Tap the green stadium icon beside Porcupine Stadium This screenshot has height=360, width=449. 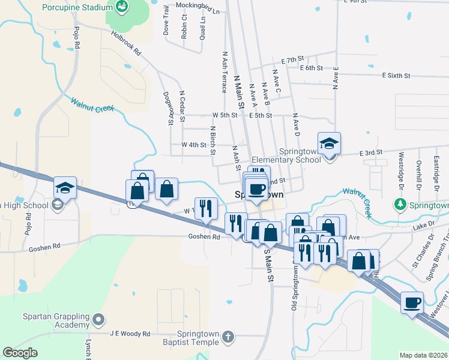point(122,7)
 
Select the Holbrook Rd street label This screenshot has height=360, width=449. point(126,43)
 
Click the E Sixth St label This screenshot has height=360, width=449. point(396,76)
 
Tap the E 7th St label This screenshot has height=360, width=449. point(293,61)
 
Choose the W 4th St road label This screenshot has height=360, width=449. point(193,145)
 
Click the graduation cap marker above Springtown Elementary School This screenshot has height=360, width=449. point(329,143)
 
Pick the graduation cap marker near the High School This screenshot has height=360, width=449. point(65,188)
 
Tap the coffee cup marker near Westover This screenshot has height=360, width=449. point(412,303)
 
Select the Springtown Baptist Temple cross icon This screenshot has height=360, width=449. point(227,337)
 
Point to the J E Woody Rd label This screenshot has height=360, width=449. point(129,334)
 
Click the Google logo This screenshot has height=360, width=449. point(20,352)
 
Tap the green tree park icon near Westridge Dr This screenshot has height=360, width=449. point(401,205)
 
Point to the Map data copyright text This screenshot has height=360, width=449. point(423,355)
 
